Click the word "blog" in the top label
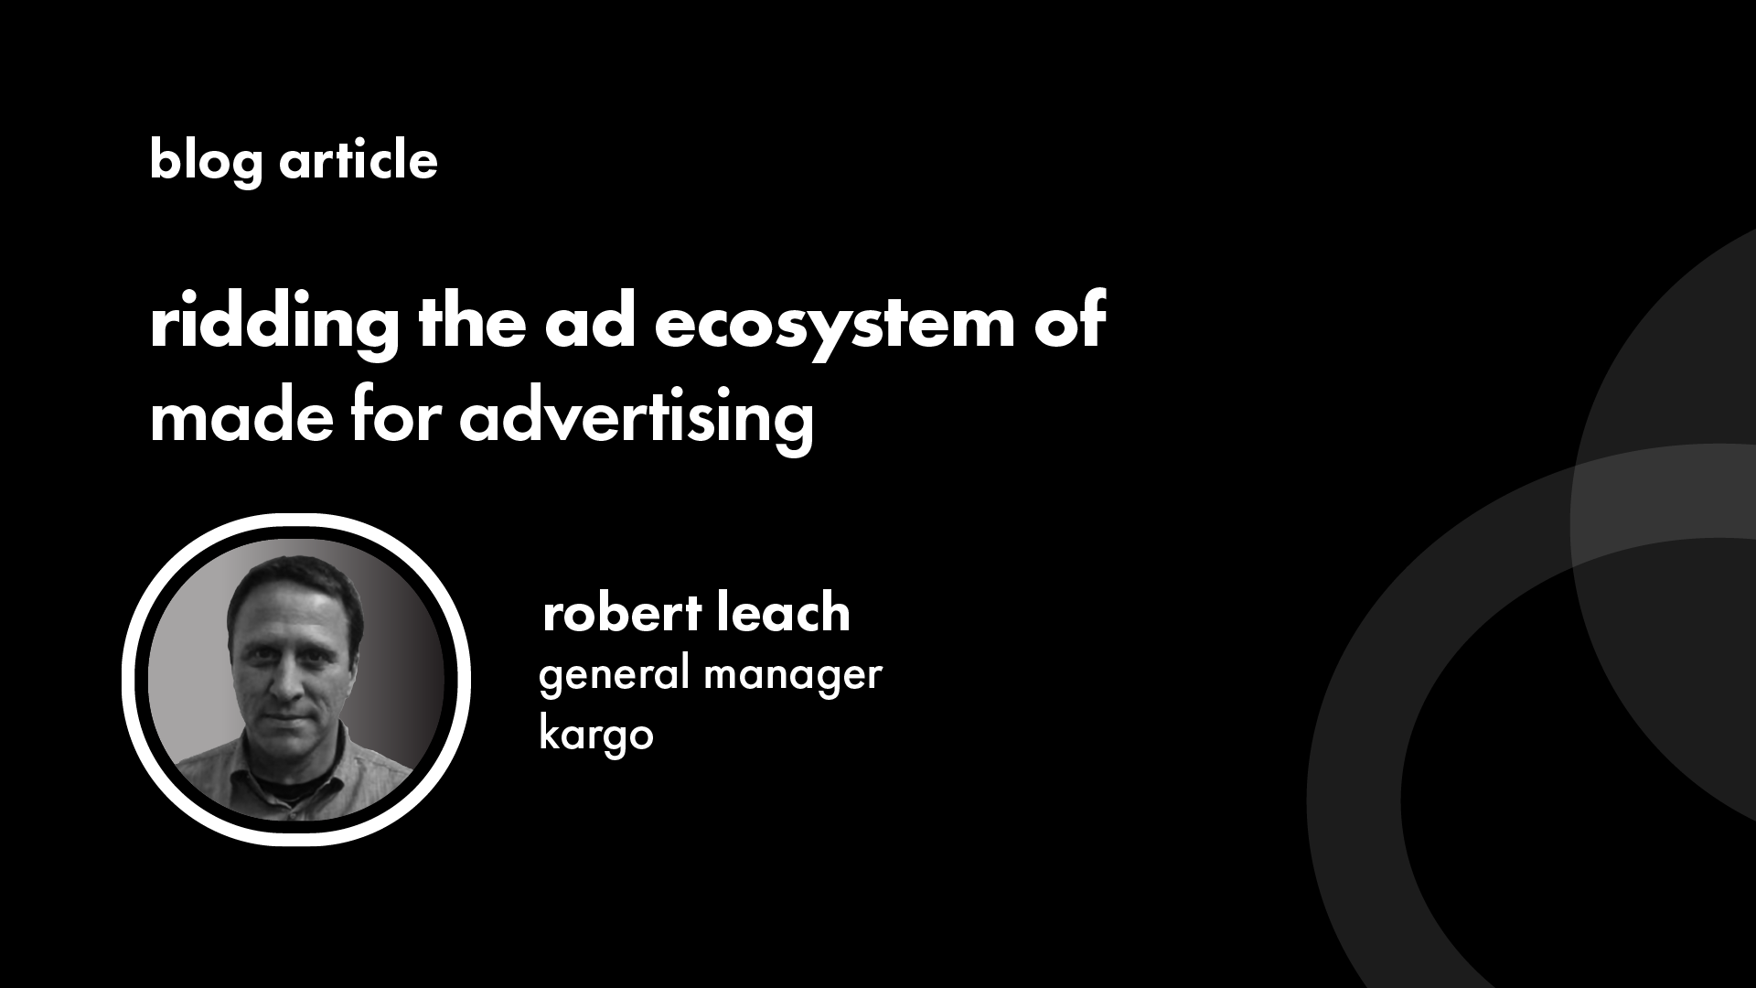207,162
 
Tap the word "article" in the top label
359,160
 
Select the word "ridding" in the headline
274,324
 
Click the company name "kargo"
596,733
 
